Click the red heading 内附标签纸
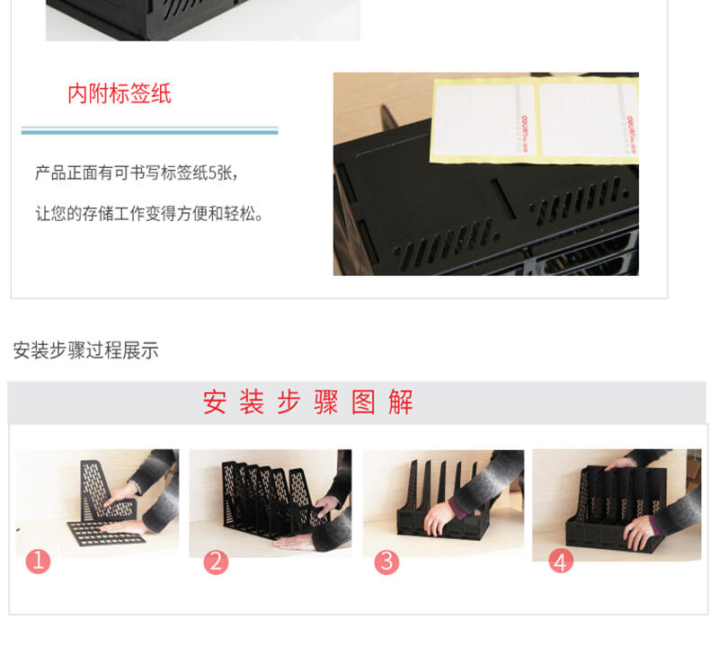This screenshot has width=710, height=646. [x=120, y=93]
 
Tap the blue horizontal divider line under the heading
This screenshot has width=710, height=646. [x=149, y=131]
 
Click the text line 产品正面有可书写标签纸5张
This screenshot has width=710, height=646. [x=136, y=173]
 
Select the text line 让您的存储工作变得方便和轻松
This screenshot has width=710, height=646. [x=149, y=213]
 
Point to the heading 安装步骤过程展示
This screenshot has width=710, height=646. [x=85, y=350]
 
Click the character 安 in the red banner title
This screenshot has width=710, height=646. [x=214, y=402]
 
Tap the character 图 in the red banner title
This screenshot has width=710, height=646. [x=364, y=402]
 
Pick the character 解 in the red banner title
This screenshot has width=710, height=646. [x=401, y=402]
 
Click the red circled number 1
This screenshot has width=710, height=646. [x=38, y=562]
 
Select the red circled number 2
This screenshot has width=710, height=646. [x=216, y=562]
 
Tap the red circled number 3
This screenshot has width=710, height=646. [x=386, y=562]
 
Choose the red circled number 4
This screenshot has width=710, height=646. [x=561, y=562]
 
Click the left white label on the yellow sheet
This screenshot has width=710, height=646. [x=484, y=119]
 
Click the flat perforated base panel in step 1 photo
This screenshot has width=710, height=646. [x=106, y=533]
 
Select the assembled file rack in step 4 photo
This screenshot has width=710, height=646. [x=617, y=508]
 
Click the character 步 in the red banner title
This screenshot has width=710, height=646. [x=288, y=402]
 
